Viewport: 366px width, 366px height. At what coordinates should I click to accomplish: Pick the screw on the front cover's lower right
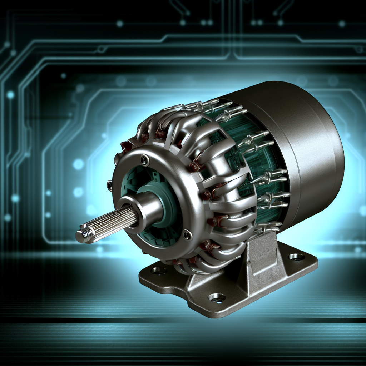[187, 234]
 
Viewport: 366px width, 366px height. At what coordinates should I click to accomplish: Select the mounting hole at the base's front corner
[217, 297]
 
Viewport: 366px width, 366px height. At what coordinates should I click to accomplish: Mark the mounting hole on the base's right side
[296, 256]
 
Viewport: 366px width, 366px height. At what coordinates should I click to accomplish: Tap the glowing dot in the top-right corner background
[342, 24]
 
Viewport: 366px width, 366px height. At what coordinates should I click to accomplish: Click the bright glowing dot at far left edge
[10, 95]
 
